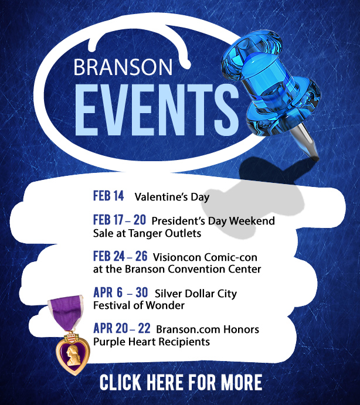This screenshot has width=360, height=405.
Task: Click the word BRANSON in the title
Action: (x=123, y=67)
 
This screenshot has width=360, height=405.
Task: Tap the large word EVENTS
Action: (x=157, y=110)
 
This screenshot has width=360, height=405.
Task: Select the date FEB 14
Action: (x=108, y=196)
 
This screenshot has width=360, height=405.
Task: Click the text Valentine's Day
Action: (x=172, y=198)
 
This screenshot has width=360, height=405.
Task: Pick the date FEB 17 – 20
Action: (x=120, y=220)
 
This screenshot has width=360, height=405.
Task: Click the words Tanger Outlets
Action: (x=165, y=233)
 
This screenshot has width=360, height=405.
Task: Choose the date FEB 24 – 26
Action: (x=120, y=256)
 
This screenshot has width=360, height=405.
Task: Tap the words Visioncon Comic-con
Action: (x=205, y=257)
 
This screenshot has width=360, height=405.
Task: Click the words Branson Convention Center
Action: (x=193, y=269)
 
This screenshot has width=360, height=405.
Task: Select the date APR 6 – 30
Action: (x=120, y=292)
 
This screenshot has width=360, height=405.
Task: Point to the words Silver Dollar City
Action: (x=196, y=294)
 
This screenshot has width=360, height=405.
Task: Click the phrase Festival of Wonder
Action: (x=139, y=305)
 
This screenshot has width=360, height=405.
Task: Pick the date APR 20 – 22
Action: (x=122, y=329)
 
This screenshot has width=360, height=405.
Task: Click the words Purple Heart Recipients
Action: (x=151, y=342)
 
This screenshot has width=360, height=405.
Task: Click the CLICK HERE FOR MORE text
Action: (x=181, y=382)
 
